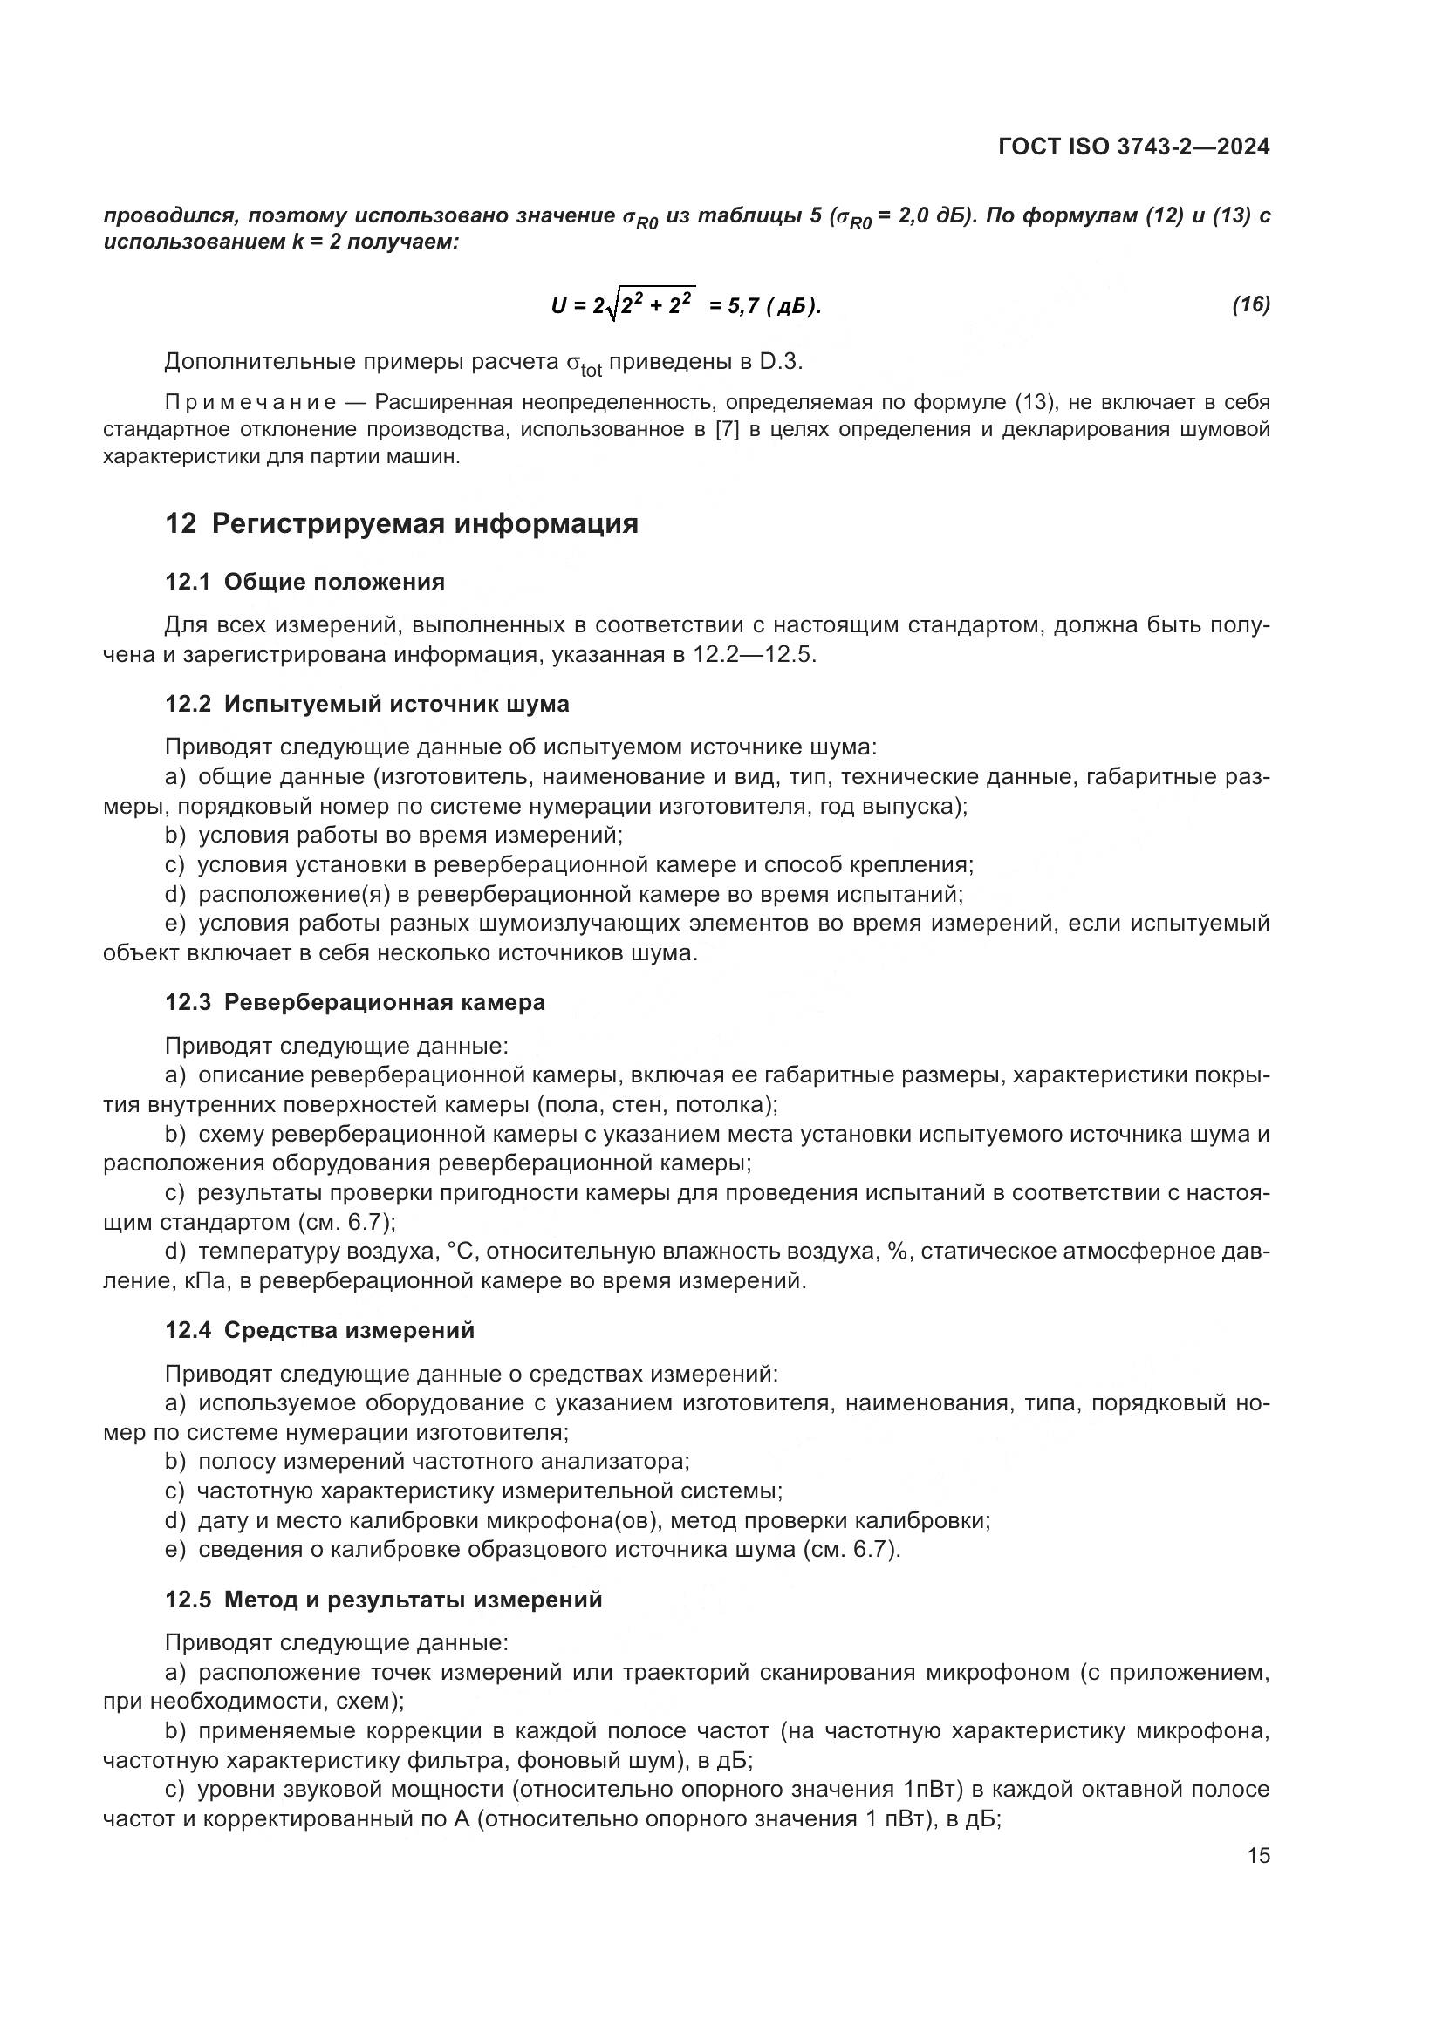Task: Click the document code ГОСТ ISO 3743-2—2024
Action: point(1134,147)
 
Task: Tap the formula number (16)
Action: point(1250,304)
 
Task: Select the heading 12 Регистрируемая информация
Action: point(401,523)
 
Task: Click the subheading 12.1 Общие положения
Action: point(304,582)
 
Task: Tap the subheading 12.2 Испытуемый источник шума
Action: point(367,704)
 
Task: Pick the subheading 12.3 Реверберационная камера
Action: point(354,1002)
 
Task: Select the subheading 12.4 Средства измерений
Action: point(320,1330)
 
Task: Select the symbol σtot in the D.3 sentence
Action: point(584,365)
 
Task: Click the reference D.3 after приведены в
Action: point(781,362)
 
